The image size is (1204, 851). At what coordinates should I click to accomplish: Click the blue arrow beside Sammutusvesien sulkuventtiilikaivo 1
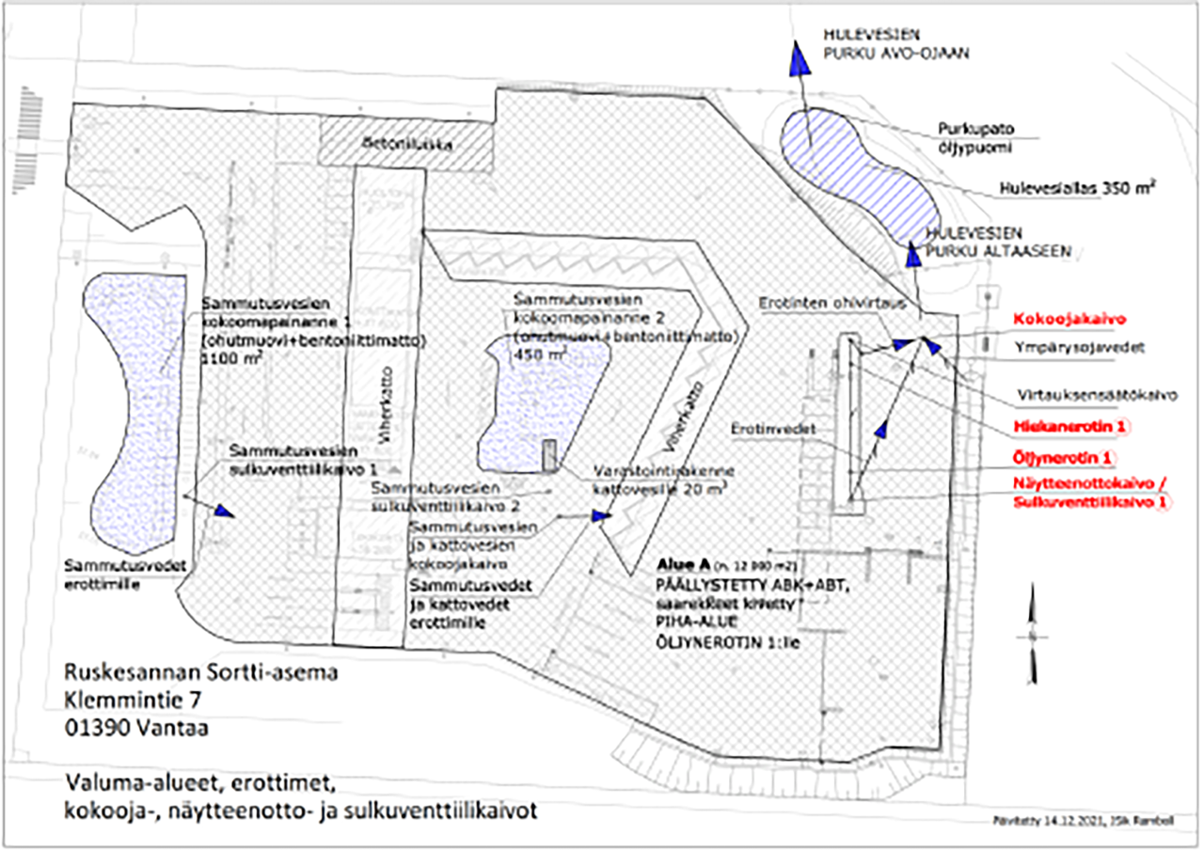tap(223, 511)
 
